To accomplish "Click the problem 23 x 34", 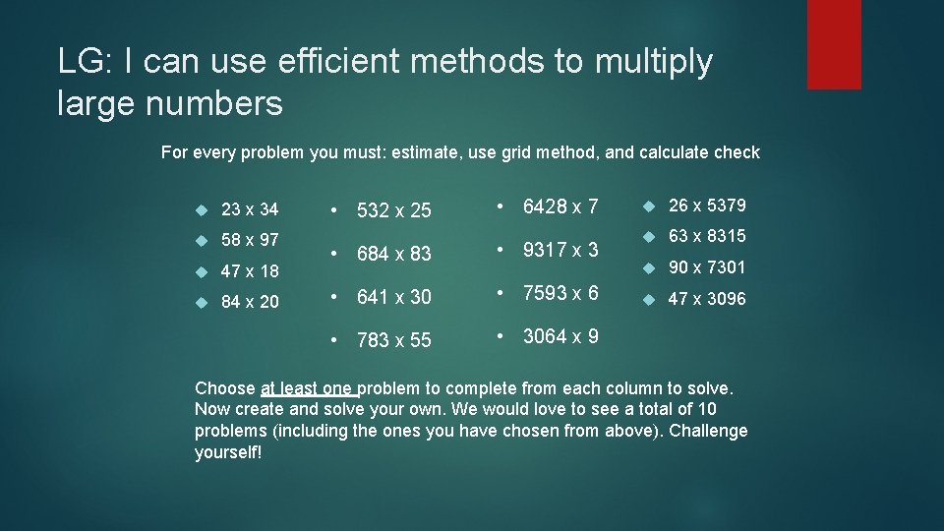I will tap(250, 209).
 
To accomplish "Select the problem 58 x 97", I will tap(250, 240).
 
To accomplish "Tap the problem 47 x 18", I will tap(250, 271).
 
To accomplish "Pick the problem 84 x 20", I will tap(250, 302).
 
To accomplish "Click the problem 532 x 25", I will tap(393, 210).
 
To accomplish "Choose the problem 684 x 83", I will tap(393, 254).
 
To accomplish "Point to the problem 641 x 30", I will tap(393, 297).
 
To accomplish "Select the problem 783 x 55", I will tap(393, 340).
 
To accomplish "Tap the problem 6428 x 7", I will tap(560, 206).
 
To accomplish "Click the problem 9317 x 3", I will tap(560, 250).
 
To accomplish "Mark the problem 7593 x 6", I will tap(560, 293).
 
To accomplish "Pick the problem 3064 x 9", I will tap(560, 336).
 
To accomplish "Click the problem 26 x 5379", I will tap(707, 206).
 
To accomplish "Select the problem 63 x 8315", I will tap(707, 236).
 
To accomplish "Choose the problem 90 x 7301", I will tap(707, 267).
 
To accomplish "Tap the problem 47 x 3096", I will tap(707, 299).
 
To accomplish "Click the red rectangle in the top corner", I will tap(834, 44).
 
